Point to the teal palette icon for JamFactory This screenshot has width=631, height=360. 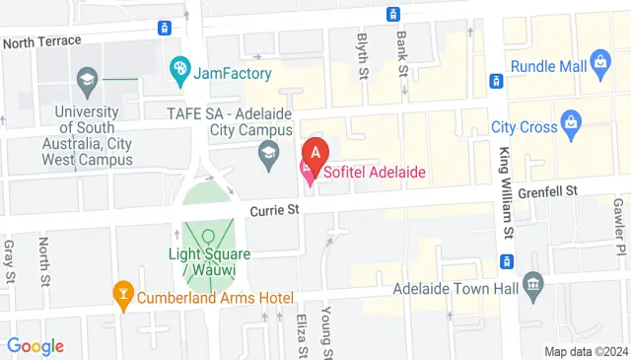[x=180, y=69]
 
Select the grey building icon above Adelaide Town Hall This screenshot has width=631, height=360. [x=533, y=286]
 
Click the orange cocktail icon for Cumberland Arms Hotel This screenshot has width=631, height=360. [x=122, y=294]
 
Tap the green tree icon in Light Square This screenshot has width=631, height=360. [x=207, y=238]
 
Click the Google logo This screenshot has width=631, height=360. [x=35, y=346]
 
